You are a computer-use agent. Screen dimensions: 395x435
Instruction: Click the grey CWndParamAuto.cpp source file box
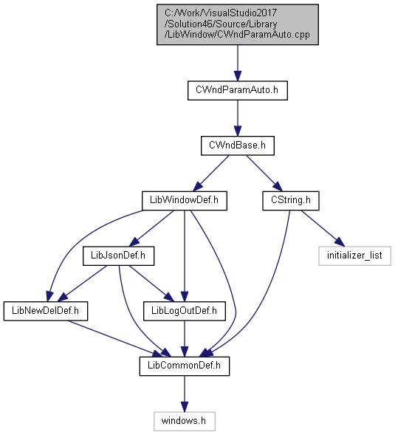click(x=238, y=24)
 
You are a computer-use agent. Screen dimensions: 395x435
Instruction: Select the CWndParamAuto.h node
click(x=238, y=90)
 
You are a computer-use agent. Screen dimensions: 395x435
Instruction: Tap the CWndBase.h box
click(x=238, y=145)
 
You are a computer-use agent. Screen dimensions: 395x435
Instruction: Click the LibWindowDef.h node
click(x=185, y=201)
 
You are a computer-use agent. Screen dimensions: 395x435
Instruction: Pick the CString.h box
click(x=291, y=201)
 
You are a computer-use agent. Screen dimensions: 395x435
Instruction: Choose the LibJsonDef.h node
click(x=118, y=256)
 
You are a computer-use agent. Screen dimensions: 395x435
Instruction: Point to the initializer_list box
click(x=355, y=256)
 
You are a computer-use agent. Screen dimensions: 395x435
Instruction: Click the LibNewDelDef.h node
click(x=46, y=311)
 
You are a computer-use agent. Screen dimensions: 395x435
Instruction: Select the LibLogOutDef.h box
click(x=185, y=311)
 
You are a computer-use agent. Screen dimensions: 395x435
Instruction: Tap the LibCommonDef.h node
click(x=185, y=366)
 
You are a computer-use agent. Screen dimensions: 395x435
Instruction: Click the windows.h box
click(x=185, y=421)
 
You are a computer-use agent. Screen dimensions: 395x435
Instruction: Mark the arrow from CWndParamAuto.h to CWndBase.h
click(x=238, y=118)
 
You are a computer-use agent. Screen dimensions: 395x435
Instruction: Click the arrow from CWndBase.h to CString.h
click(x=264, y=173)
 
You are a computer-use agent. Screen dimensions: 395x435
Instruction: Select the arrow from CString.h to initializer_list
click(x=323, y=228)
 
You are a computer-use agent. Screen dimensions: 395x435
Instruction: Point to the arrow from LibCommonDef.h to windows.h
click(x=185, y=394)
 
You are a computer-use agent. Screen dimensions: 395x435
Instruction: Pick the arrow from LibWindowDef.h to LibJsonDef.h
click(x=151, y=228)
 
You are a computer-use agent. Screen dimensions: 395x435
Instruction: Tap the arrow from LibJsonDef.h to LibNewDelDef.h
click(x=82, y=284)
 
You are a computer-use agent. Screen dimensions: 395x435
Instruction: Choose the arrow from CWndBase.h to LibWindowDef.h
click(x=211, y=173)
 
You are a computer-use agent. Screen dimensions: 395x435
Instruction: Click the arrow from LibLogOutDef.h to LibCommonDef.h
click(x=185, y=339)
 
